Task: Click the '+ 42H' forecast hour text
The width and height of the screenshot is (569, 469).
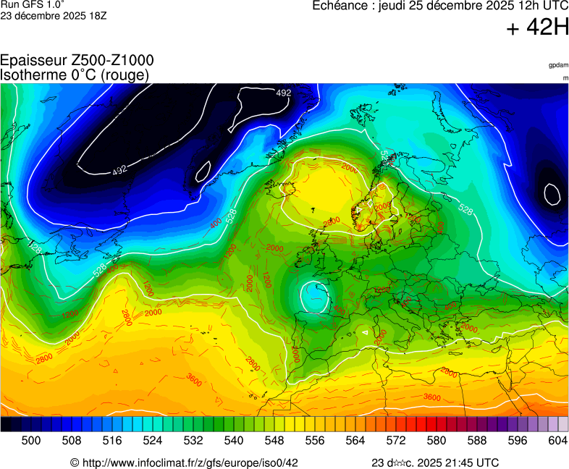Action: [x=538, y=28]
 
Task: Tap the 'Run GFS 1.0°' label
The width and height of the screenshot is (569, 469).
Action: [x=33, y=4]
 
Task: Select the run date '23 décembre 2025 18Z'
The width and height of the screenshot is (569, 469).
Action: [x=54, y=15]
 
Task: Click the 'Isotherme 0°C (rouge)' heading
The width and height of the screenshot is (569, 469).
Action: [x=75, y=75]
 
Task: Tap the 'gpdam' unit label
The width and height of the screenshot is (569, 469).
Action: [x=558, y=65]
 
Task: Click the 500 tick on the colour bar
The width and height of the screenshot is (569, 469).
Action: [x=30, y=440]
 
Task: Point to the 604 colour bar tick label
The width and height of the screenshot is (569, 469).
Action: [x=557, y=440]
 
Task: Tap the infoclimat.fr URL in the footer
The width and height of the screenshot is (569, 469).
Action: [x=185, y=462]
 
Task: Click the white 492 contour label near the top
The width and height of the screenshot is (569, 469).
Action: [x=284, y=93]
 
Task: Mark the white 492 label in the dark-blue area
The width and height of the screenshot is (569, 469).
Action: [x=119, y=169]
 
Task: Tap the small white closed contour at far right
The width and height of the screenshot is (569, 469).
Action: [x=552, y=194]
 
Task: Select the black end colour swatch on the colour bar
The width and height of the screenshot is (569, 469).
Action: [x=6, y=424]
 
